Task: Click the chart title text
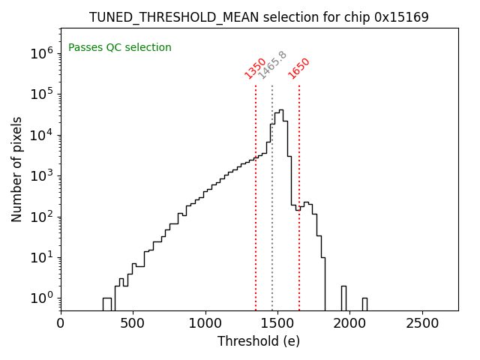point(259,16)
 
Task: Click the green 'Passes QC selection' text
point(120,47)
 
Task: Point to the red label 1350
point(256,67)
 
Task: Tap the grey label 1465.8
point(272,65)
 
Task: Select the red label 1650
point(299,67)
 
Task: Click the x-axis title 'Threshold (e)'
point(259,341)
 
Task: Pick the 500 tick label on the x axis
point(133,323)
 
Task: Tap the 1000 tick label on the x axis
point(205,323)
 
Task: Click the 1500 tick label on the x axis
point(277,323)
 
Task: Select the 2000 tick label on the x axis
point(349,323)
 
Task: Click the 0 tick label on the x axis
point(61,323)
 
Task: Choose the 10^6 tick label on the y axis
point(41,53)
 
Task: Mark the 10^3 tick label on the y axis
point(41,175)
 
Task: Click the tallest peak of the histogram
point(281,111)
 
